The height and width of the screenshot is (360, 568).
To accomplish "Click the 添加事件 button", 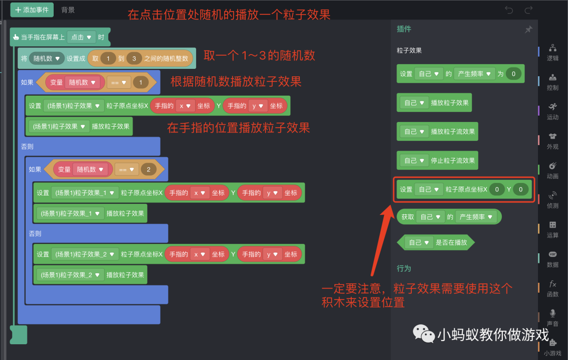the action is pyautogui.click(x=32, y=10).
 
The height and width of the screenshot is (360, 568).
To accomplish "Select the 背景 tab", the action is pyautogui.click(x=68, y=10).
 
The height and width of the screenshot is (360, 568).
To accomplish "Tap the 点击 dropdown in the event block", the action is pyautogui.click(x=82, y=37).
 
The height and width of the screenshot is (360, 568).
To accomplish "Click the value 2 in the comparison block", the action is pyautogui.click(x=148, y=170).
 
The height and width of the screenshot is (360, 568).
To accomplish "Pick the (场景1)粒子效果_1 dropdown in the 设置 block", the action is pyautogui.click(x=85, y=193).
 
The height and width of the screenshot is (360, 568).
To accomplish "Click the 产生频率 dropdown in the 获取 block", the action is pyautogui.click(x=476, y=217).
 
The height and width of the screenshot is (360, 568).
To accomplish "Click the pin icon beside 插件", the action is pyautogui.click(x=529, y=29).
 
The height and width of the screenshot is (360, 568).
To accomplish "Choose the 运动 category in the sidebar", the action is pyautogui.click(x=552, y=110).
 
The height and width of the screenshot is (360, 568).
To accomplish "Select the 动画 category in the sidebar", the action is pyautogui.click(x=552, y=170).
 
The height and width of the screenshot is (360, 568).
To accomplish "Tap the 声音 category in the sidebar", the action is pyautogui.click(x=552, y=317).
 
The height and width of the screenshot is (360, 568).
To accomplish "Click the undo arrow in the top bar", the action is pyautogui.click(x=509, y=10).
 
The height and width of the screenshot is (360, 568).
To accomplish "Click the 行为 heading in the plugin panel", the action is pyautogui.click(x=404, y=269).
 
